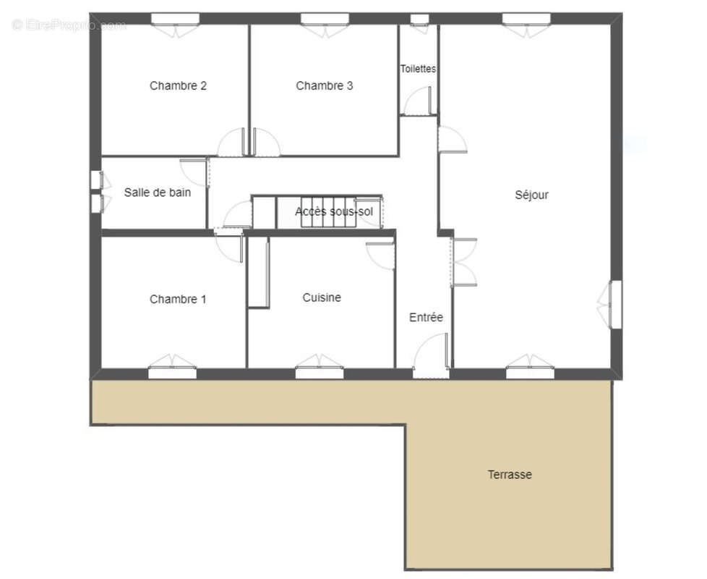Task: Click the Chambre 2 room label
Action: (178, 85)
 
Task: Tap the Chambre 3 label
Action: (324, 85)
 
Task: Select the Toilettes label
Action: (419, 69)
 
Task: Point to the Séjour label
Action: (531, 195)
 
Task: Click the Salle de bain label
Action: (158, 193)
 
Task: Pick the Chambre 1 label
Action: (178, 299)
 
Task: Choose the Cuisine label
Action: (322, 297)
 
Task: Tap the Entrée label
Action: (426, 317)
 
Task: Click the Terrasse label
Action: (510, 474)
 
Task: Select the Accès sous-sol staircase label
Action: (334, 211)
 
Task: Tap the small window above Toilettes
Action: (419, 20)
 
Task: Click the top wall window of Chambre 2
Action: (175, 20)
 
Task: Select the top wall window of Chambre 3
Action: (325, 20)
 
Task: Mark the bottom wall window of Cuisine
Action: (320, 373)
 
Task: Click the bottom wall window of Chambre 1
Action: (172, 373)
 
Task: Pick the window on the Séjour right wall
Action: (616, 304)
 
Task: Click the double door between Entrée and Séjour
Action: (463, 262)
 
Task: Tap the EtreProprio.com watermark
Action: (69, 25)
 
